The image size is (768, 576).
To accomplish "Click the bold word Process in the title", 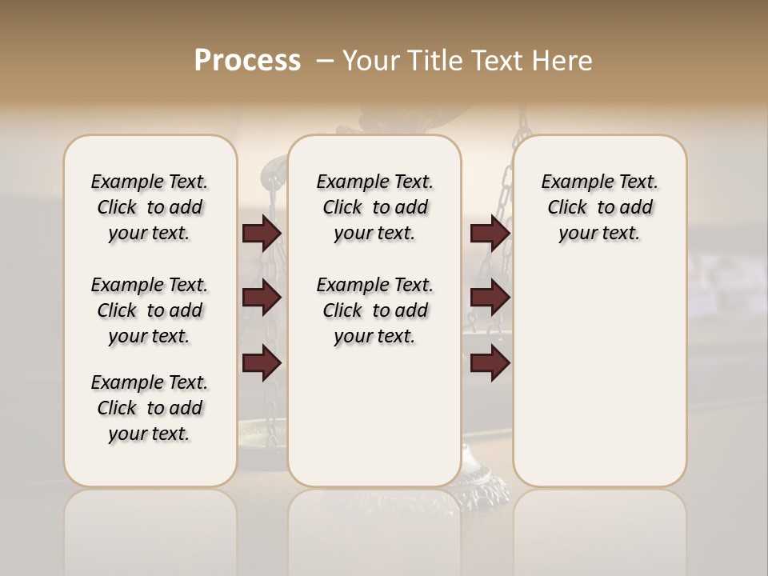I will pos(247,60).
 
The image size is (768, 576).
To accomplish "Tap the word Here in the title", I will pos(564,60).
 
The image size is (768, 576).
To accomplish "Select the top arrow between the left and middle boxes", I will pos(262,233).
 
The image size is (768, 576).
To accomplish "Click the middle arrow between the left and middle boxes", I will pos(262,298).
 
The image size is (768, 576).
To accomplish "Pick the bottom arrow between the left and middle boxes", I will pos(262,364).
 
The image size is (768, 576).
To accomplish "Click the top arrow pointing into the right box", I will pos(490,233).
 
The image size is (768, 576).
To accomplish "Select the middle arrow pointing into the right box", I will pos(490,298).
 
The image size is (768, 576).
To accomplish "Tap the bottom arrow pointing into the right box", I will pos(490,364).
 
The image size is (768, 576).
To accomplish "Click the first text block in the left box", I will pos(150,207).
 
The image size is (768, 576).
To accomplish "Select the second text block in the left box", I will pos(150,310).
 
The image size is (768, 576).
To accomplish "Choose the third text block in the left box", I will pos(150,408).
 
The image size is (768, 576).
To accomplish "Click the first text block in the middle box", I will pos(374,207).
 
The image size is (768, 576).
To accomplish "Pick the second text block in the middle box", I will pos(374,310).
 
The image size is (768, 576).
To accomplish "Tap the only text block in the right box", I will pos(599,207).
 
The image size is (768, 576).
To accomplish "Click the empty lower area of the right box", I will pos(599,384).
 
